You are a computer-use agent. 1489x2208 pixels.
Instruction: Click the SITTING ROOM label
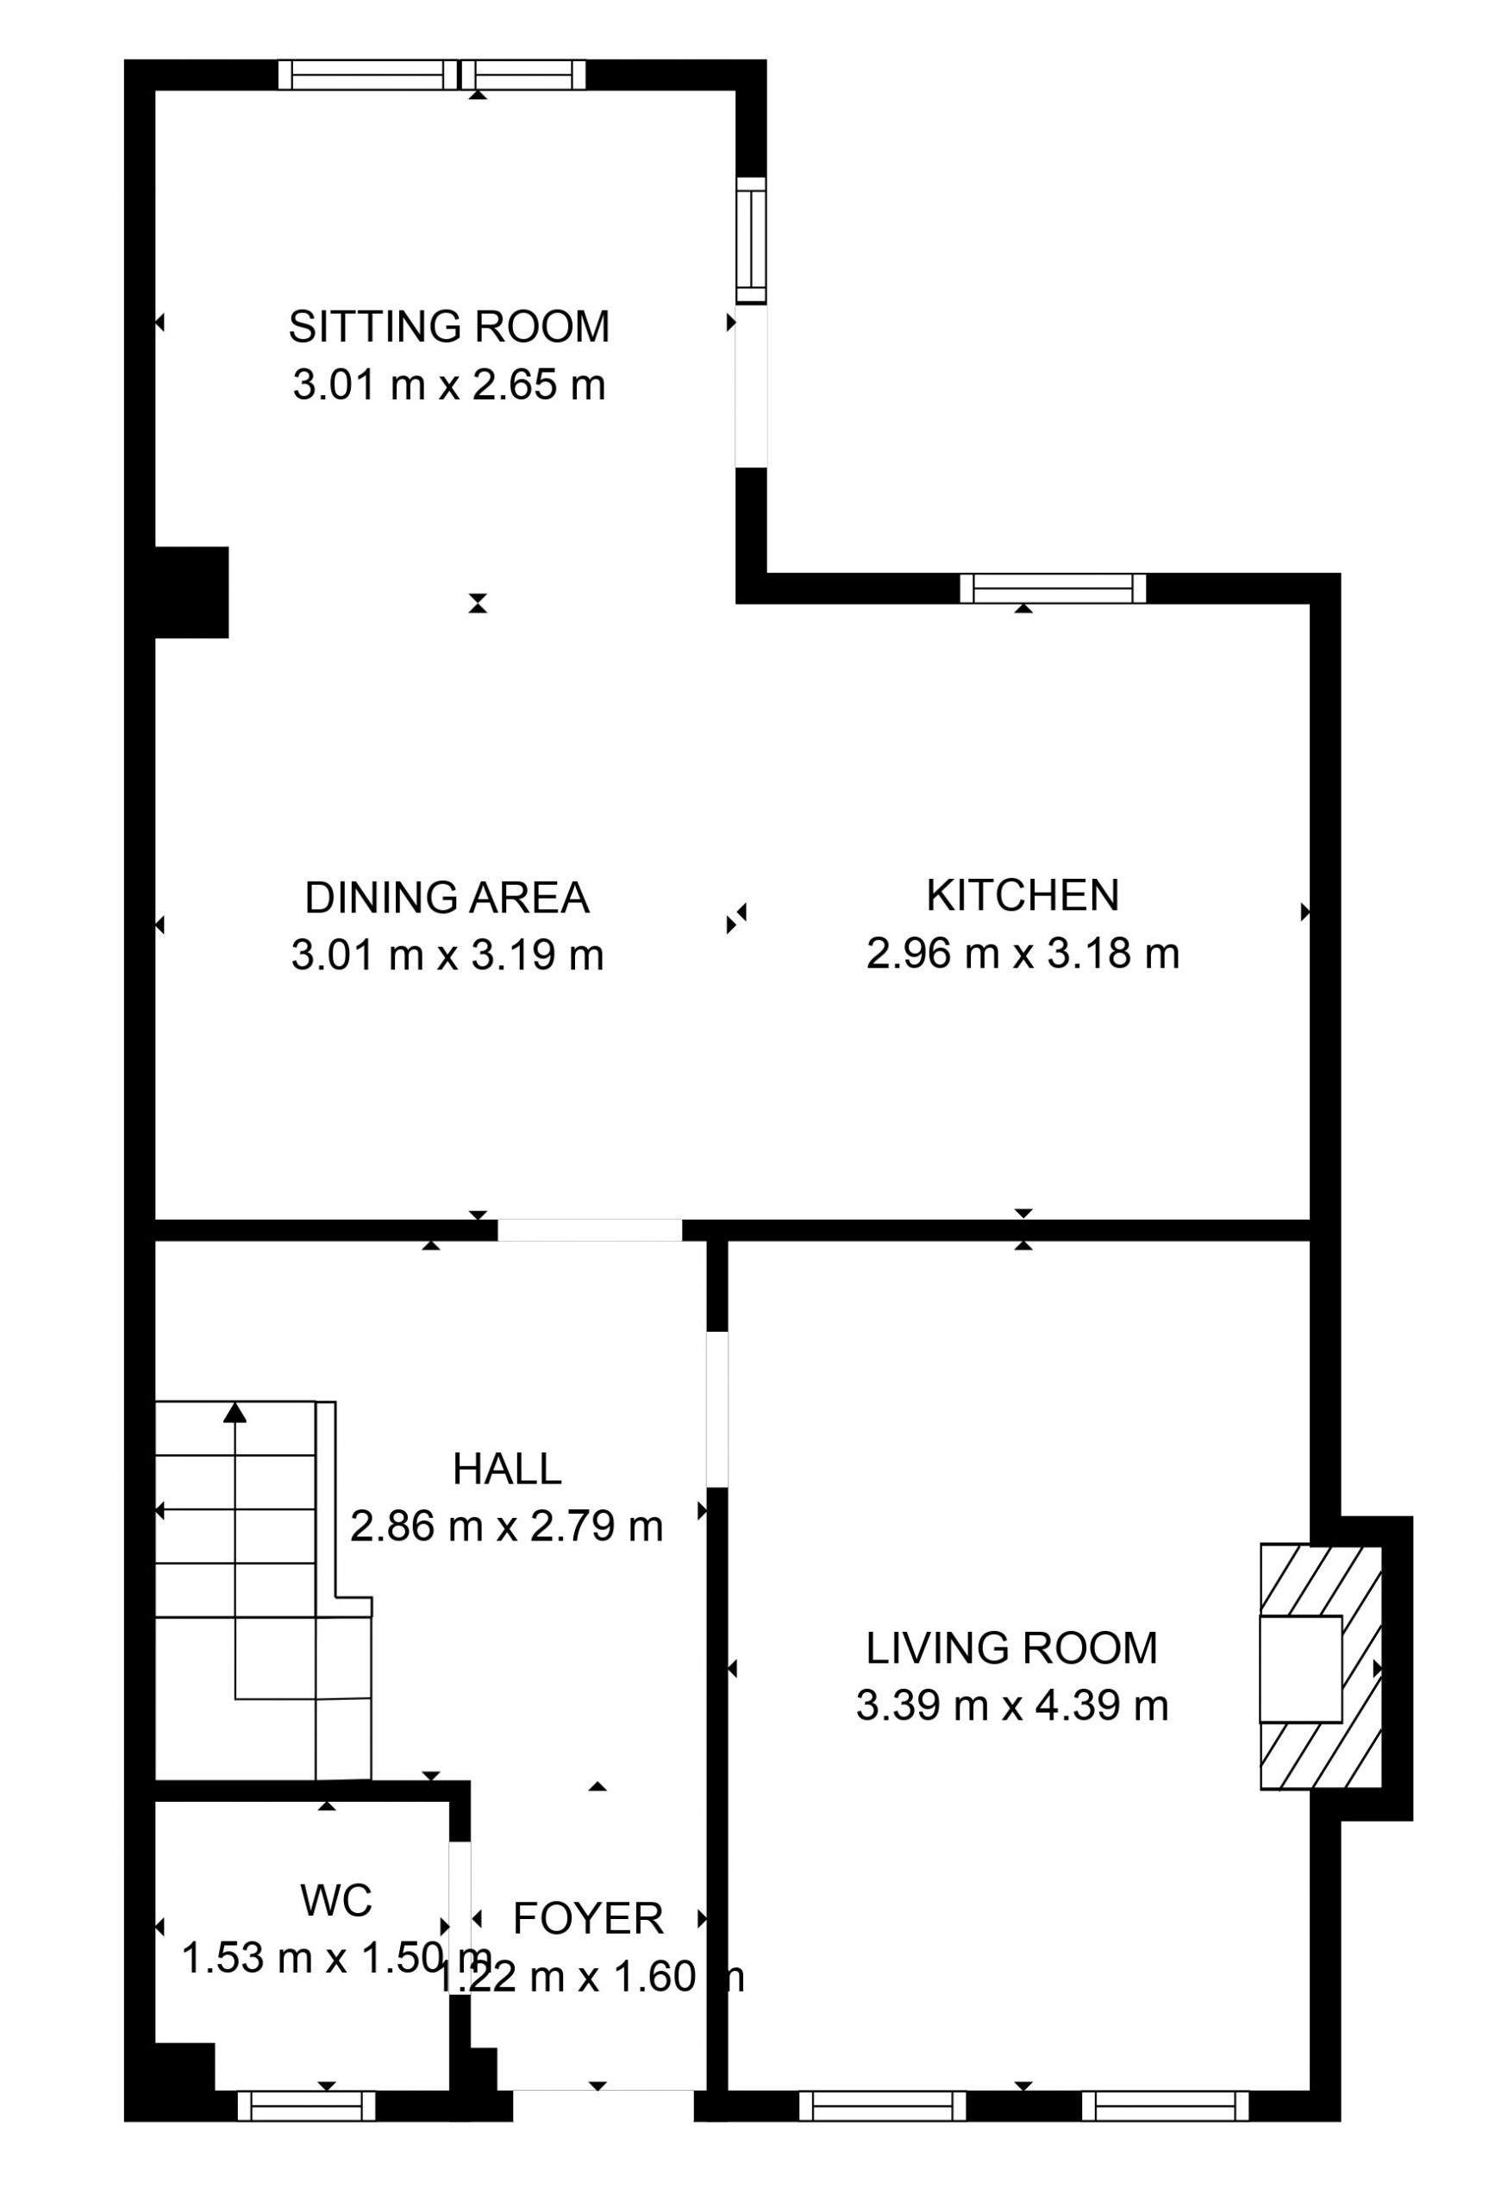click(448, 327)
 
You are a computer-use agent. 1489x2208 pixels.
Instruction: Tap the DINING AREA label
click(447, 898)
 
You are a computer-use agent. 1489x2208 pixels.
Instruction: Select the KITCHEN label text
click(1023, 894)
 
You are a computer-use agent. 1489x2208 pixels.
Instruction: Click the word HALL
click(507, 1469)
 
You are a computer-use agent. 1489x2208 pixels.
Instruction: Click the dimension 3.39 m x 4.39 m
click(1012, 1706)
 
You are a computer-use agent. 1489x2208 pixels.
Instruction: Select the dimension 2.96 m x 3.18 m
click(1023, 952)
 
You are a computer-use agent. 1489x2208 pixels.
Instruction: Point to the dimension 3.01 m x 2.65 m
click(448, 386)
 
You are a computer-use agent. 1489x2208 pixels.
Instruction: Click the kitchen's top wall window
click(1053, 589)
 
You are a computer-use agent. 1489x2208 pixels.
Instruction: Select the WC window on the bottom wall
click(306, 2106)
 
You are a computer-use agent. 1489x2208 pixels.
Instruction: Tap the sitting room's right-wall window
click(751, 241)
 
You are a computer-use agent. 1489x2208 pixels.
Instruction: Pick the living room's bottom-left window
click(882, 2106)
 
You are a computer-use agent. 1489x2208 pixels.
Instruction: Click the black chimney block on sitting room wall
click(191, 592)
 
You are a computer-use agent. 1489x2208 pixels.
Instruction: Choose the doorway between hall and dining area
click(590, 1230)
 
